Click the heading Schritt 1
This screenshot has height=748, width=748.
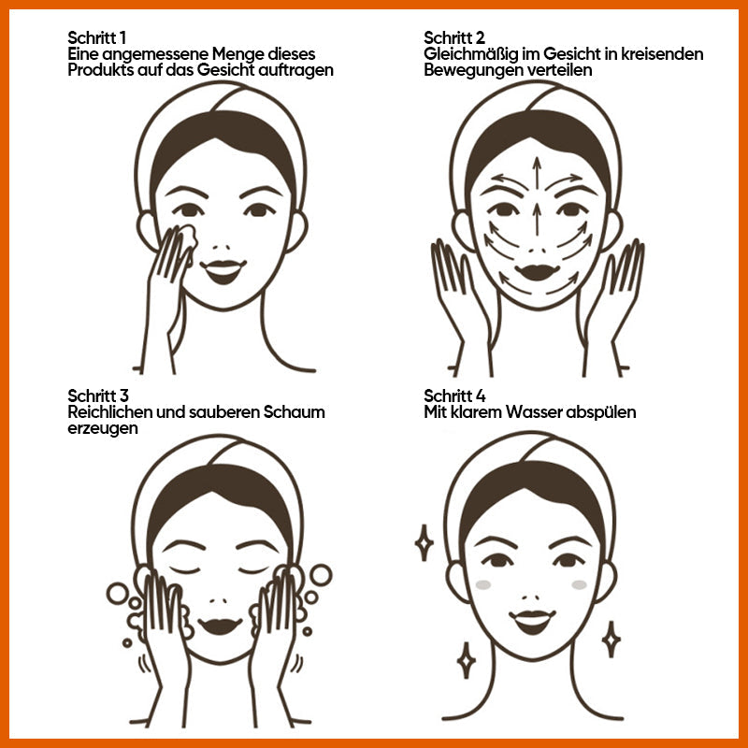coord(97,37)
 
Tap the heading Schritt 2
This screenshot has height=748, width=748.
coord(454,37)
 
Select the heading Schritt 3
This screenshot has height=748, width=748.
coord(98,396)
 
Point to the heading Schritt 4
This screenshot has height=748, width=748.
coord(454,396)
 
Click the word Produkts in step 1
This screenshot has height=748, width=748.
coord(100,69)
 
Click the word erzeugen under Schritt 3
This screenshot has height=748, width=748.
coord(103,428)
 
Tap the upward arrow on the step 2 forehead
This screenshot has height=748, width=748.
coord(537,173)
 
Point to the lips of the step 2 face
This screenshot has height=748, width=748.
coord(537,272)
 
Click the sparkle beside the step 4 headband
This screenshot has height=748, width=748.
coord(424,543)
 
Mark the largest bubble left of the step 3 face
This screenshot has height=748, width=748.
coord(118,594)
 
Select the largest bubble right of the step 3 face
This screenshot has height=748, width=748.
coord(321,575)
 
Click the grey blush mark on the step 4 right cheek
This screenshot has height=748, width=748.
coord(579,585)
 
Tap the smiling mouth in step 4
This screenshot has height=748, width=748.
coord(532,621)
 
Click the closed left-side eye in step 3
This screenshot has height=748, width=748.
coord(185,569)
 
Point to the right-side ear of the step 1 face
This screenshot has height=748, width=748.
coord(296,232)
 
